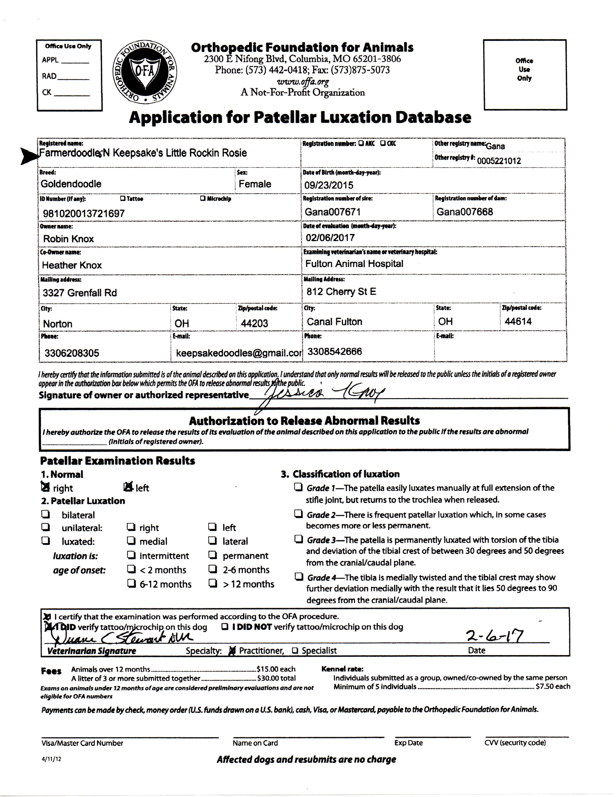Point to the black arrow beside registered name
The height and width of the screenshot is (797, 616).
pyautogui.click(x=29, y=156)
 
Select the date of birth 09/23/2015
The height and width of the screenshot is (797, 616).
pyautogui.click(x=329, y=185)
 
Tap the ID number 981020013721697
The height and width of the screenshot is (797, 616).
pyautogui.click(x=84, y=213)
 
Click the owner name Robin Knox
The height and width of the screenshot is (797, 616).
pyautogui.click(x=68, y=239)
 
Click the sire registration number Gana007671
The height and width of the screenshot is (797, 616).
pyautogui.click(x=333, y=212)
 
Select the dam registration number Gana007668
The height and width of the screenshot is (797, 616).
pyautogui.click(x=464, y=212)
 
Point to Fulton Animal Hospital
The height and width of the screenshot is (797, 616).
pyautogui.click(x=354, y=264)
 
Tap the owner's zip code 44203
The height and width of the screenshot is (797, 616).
pyautogui.click(x=254, y=323)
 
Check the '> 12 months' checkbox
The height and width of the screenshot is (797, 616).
pyautogui.click(x=212, y=584)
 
